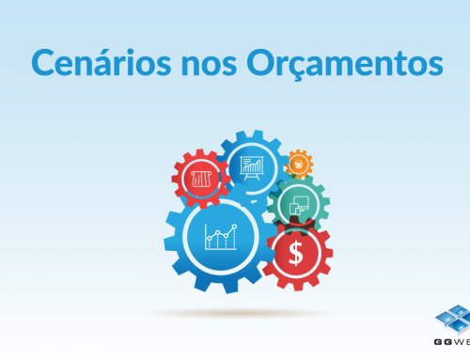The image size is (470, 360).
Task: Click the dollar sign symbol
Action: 296,253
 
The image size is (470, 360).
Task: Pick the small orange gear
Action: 299,164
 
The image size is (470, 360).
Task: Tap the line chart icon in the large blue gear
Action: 221,237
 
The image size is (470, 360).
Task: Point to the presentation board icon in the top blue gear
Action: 252,167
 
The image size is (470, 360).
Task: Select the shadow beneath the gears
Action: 240,313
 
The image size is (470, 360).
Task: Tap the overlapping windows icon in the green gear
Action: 299,203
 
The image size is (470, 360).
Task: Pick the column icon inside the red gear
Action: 201,179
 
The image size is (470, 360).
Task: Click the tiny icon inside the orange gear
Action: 299,164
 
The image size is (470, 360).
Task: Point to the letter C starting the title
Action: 43,63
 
